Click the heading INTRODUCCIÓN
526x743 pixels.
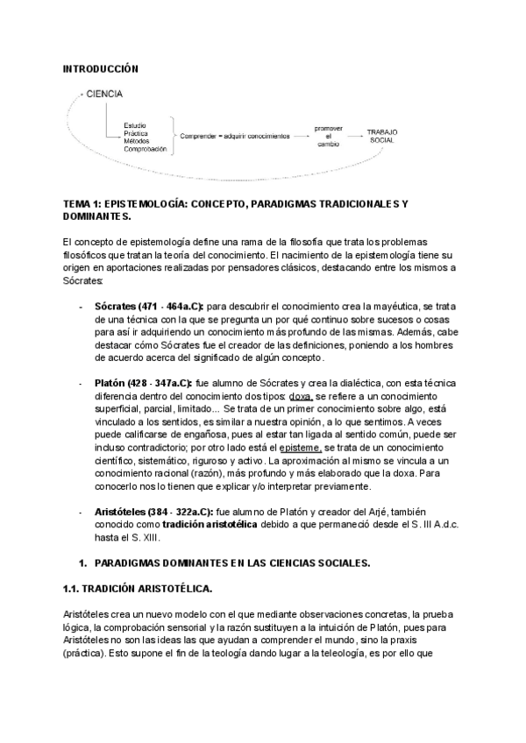pyautogui.click(x=102, y=67)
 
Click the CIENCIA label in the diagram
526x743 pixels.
pyautogui.click(x=104, y=94)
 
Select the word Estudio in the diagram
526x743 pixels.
pyautogui.click(x=136, y=125)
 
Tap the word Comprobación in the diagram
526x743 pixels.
pyautogui.click(x=146, y=149)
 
